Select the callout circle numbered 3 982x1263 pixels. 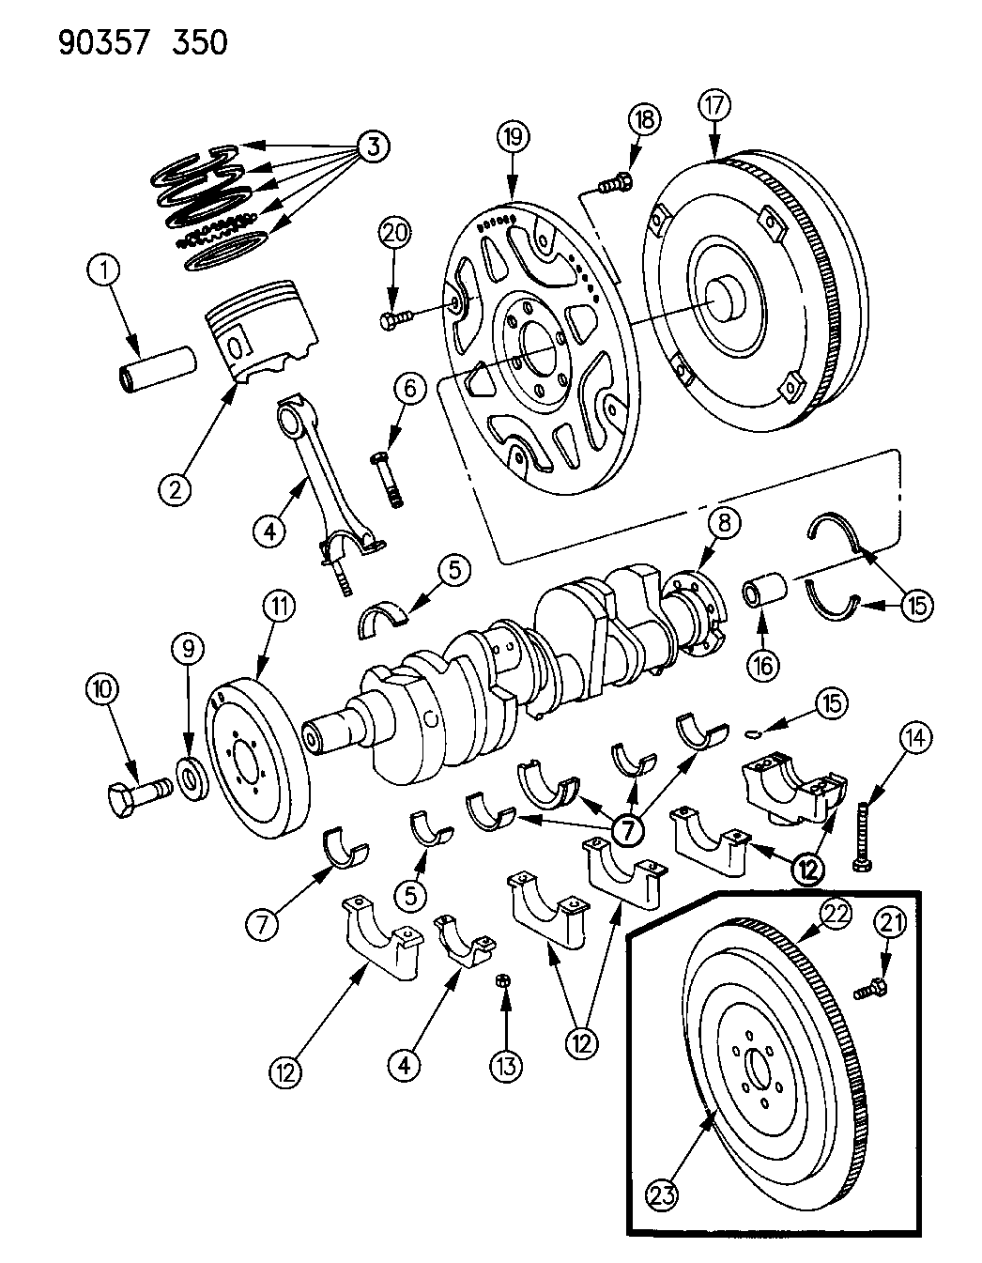pyautogui.click(x=373, y=146)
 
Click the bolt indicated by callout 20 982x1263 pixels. pyautogui.click(x=398, y=320)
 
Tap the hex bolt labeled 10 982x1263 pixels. pyautogui.click(x=134, y=800)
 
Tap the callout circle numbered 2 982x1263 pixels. pyautogui.click(x=175, y=487)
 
